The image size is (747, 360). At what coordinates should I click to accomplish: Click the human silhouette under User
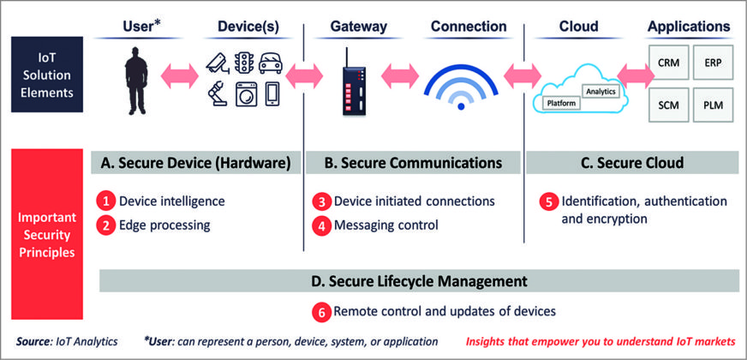point(135,82)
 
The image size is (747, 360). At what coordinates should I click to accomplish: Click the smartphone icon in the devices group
point(272,93)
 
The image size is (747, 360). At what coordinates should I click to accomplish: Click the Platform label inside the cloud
point(562,103)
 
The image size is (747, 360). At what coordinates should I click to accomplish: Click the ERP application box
point(714,63)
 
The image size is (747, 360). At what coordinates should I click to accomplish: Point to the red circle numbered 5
point(547,202)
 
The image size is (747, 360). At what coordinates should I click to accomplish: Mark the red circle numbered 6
point(320,312)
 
